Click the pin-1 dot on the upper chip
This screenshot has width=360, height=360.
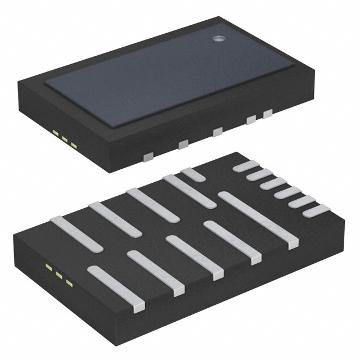pos(218,39)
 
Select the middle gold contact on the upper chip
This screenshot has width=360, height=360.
pos(65,138)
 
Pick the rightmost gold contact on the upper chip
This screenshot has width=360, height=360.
pos(74,144)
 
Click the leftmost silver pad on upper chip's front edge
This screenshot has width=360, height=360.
pos(148,156)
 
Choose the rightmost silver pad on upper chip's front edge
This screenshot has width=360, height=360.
pos(267,114)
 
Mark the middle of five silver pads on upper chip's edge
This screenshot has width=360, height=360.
pos(217,132)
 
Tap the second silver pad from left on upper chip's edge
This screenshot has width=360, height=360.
pos(183,145)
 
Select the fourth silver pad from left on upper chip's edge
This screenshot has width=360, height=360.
pos(251,119)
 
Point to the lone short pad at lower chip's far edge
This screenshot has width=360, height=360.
pos(193,174)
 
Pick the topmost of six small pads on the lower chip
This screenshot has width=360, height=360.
pos(246,166)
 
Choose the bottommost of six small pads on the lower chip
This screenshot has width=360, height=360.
pos(316,211)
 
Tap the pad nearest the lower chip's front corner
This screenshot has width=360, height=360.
pos(116,288)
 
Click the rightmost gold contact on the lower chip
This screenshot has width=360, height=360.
pos(69,281)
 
